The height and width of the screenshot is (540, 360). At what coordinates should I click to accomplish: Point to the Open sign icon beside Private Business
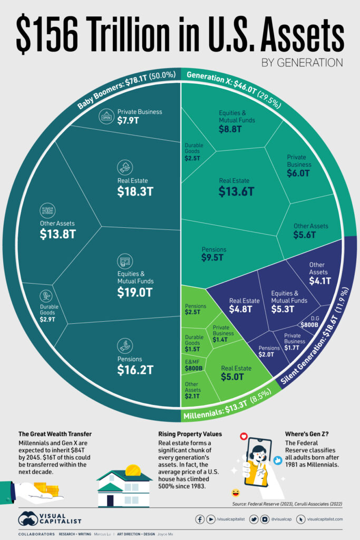[x=105, y=117]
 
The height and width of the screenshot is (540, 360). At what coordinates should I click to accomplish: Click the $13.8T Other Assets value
[x=55, y=235]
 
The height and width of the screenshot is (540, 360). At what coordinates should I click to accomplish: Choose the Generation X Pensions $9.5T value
[x=213, y=258]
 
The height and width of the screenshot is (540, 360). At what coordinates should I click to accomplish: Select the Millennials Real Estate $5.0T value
[x=232, y=377]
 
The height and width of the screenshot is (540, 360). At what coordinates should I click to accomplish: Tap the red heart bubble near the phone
[x=244, y=437]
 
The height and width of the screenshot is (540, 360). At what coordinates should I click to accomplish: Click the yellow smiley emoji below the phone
[x=235, y=493]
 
